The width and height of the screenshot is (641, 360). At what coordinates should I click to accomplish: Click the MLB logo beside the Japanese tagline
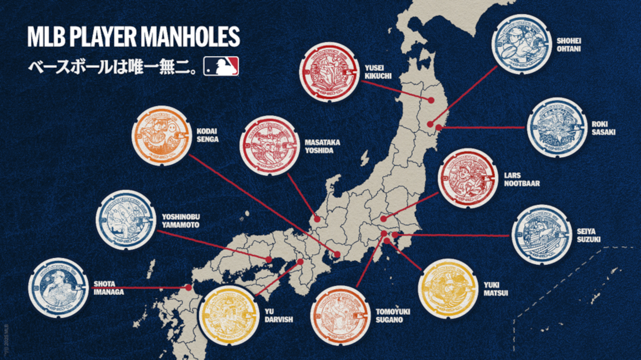tap(221, 66)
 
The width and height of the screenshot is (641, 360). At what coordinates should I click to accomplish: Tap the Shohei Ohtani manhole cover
tap(521, 44)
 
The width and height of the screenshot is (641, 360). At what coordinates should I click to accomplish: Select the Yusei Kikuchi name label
tap(378, 72)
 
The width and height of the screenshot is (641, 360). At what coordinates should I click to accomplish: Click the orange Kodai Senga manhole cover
tap(162, 136)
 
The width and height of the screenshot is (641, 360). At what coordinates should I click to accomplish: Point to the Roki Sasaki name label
tap(603, 128)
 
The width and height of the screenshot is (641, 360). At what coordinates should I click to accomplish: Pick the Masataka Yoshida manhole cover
tap(269, 145)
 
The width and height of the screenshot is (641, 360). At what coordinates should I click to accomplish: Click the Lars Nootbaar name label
tap(521, 179)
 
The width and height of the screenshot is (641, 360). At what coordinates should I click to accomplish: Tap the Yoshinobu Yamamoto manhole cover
tap(126, 220)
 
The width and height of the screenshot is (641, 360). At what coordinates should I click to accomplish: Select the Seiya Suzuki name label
tap(588, 235)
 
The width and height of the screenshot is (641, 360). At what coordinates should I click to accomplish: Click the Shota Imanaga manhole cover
tap(59, 288)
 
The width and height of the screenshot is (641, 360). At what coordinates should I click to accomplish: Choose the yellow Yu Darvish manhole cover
tap(229, 315)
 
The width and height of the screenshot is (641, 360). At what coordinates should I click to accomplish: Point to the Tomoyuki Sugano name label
tap(393, 316)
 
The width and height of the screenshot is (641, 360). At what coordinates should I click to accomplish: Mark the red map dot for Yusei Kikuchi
tap(431, 100)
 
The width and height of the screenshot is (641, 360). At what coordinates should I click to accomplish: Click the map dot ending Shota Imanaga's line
tap(189, 288)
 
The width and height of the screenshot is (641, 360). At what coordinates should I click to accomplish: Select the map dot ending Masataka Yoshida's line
tap(317, 220)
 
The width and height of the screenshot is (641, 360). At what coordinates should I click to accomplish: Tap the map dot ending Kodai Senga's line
tap(337, 255)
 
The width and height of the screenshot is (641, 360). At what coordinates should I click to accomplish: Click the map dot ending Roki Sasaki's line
tap(439, 127)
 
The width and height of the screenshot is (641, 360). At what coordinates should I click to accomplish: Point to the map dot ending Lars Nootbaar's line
tap(384, 219)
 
